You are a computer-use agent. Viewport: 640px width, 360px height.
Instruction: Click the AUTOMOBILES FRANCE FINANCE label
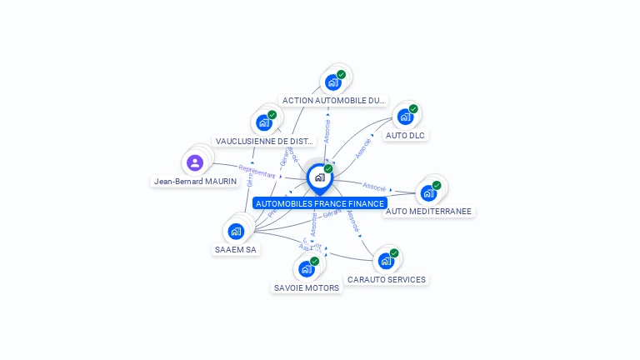(x=320, y=203)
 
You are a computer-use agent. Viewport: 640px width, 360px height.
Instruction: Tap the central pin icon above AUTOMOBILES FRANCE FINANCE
(x=319, y=177)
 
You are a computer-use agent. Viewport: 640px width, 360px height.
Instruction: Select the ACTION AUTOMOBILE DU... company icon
(x=332, y=82)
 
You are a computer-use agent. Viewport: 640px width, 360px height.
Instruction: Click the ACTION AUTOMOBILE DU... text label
(x=334, y=100)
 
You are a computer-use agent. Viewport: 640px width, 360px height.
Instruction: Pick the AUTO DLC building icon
(x=405, y=117)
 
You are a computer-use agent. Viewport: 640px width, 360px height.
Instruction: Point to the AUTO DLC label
(x=407, y=135)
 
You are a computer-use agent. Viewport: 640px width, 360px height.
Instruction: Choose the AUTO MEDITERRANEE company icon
(x=428, y=193)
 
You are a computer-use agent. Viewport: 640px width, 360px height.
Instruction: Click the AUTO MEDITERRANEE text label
(x=429, y=212)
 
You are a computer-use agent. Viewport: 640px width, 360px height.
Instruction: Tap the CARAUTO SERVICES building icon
(x=386, y=261)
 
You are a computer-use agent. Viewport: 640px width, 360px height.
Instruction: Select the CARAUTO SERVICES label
(x=387, y=280)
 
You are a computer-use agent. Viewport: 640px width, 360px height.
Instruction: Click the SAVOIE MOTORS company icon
(x=307, y=269)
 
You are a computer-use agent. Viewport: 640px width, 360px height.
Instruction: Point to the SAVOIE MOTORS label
(x=307, y=288)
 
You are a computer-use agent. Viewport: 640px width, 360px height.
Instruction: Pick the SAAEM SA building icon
(x=236, y=231)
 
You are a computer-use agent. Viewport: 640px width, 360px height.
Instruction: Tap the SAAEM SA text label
(x=236, y=249)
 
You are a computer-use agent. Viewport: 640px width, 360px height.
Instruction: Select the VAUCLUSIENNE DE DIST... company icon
(x=264, y=122)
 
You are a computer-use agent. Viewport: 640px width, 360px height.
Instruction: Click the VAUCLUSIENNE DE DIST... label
(x=264, y=142)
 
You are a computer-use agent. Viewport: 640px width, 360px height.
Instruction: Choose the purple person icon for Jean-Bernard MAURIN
(x=195, y=162)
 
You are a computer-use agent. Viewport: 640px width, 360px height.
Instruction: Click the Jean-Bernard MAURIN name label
(x=195, y=181)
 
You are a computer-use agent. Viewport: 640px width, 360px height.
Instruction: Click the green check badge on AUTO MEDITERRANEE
(x=436, y=186)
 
